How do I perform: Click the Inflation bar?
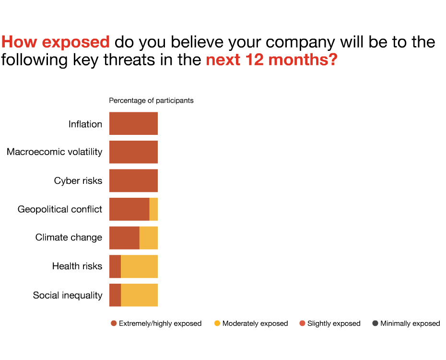[133, 123]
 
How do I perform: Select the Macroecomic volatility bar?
[133, 152]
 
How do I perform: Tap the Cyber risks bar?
[133, 180]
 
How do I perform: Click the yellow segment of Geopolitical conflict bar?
[153, 209]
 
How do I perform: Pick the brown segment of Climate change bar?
[125, 238]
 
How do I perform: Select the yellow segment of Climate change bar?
[149, 238]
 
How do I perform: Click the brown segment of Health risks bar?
[115, 266]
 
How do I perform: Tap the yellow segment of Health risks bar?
[140, 266]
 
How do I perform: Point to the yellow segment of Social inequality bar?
[140, 295]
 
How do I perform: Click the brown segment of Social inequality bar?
[115, 295]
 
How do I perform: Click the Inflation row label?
[85, 124]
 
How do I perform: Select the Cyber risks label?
[78, 180]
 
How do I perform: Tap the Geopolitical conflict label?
[60, 209]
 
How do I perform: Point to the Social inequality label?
[68, 295]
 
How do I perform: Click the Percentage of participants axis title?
[152, 100]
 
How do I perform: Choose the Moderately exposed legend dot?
[217, 324]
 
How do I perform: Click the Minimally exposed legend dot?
[375, 324]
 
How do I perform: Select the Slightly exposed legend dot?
[302, 324]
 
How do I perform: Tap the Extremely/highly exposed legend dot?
[114, 324]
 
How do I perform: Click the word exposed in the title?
[76, 42]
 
